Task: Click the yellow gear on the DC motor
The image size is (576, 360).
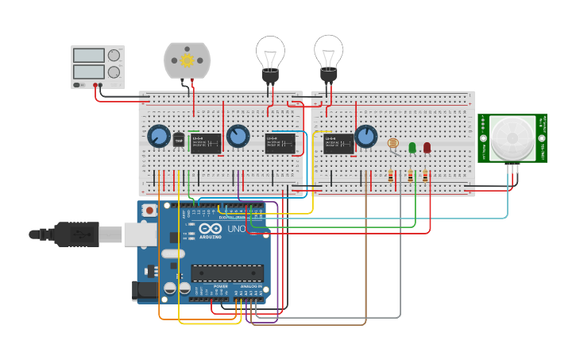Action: tap(187, 60)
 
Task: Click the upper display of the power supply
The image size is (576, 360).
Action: tap(89, 55)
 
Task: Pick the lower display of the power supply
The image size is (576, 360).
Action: tap(89, 72)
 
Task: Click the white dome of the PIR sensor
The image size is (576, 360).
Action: tap(512, 139)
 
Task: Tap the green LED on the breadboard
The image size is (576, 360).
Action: tap(412, 147)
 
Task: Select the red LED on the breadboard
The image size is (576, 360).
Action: tap(427, 147)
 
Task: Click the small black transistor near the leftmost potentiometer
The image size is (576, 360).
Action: tap(178, 139)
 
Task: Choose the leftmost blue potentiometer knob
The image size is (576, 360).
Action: tap(158, 137)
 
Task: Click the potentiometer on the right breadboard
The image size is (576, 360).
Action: tap(365, 137)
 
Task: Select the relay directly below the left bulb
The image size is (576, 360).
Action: tap(280, 143)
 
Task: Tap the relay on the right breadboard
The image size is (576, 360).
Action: tap(339, 144)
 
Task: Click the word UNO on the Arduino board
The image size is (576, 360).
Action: tap(237, 229)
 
